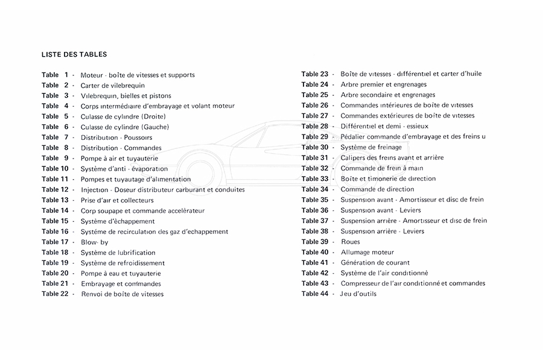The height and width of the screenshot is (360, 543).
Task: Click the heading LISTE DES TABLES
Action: tap(74, 54)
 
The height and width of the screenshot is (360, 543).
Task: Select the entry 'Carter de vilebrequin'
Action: tap(112, 85)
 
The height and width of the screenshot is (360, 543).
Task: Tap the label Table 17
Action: tap(55, 242)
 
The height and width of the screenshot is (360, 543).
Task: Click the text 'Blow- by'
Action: tap(95, 242)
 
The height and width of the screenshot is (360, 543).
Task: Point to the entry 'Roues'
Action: tap(350, 242)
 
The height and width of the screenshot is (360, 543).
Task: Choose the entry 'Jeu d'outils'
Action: tap(358, 294)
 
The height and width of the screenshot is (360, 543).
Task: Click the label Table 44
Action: tap(315, 294)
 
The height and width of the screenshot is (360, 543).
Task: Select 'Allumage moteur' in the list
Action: tap(367, 252)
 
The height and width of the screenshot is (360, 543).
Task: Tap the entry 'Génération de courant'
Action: tap(375, 262)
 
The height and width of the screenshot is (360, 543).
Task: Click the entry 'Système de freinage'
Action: tap(370, 147)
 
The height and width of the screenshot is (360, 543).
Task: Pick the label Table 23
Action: tap(315, 74)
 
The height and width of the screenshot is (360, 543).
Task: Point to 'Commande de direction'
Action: tap(377, 189)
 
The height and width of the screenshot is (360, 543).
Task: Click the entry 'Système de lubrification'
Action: tap(118, 252)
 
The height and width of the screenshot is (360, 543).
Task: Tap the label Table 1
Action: tap(55, 75)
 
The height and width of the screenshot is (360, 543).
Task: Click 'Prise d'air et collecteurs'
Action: tap(117, 200)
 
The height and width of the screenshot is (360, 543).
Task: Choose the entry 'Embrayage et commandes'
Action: tap(121, 283)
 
